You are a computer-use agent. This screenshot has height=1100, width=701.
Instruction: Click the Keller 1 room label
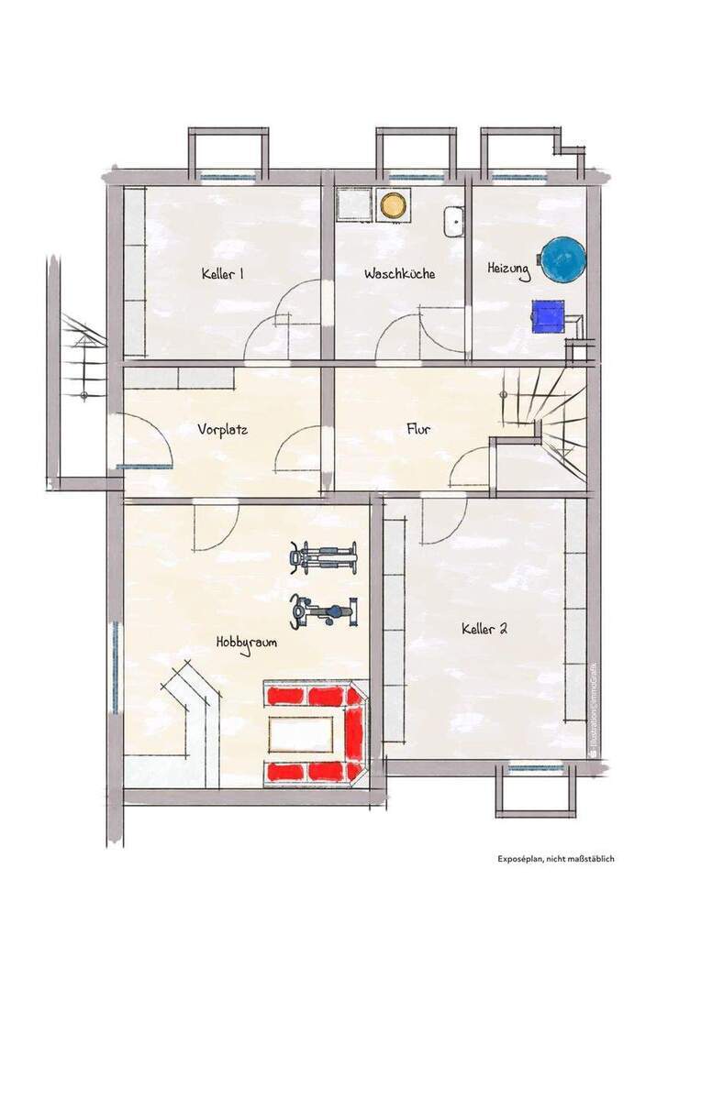point(222,274)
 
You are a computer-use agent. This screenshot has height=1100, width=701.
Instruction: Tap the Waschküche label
point(399,274)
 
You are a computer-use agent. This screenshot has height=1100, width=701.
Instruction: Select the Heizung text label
point(508,269)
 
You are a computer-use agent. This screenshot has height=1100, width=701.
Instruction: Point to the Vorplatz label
point(223,428)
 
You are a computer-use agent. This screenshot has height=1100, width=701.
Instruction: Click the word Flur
point(419,428)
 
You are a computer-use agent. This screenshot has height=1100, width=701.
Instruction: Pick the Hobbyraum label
point(247,643)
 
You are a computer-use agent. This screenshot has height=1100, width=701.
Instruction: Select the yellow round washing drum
point(394,205)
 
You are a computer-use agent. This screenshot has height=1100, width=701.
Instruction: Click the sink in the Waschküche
point(453,221)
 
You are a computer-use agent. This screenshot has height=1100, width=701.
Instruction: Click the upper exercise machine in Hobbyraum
point(323,556)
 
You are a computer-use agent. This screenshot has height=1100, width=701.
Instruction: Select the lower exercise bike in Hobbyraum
point(322,610)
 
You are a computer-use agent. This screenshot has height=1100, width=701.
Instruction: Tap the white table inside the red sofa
point(301,734)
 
